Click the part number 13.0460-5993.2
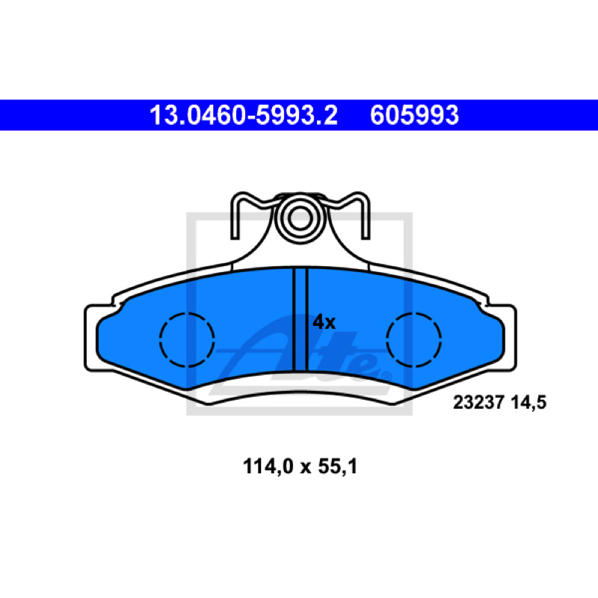(244, 115)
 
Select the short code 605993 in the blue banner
(414, 115)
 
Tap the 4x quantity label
(324, 323)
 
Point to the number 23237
(479, 402)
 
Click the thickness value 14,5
(528, 403)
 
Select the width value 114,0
(268, 466)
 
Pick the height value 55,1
(338, 466)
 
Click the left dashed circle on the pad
(187, 312)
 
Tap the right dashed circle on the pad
(414, 312)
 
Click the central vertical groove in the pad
(300, 319)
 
